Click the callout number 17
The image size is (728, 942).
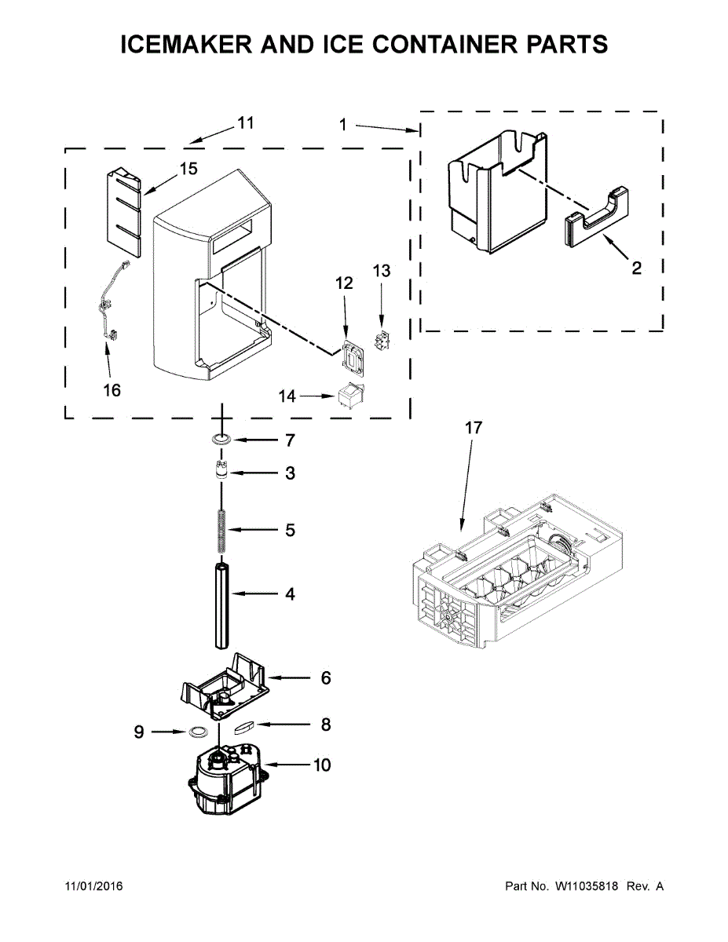pyautogui.click(x=473, y=429)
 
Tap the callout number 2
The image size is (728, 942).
pyautogui.click(x=636, y=268)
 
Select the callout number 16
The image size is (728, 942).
pyautogui.click(x=112, y=390)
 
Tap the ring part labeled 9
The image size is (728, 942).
pyautogui.click(x=197, y=732)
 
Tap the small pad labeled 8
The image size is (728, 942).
pyautogui.click(x=244, y=726)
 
